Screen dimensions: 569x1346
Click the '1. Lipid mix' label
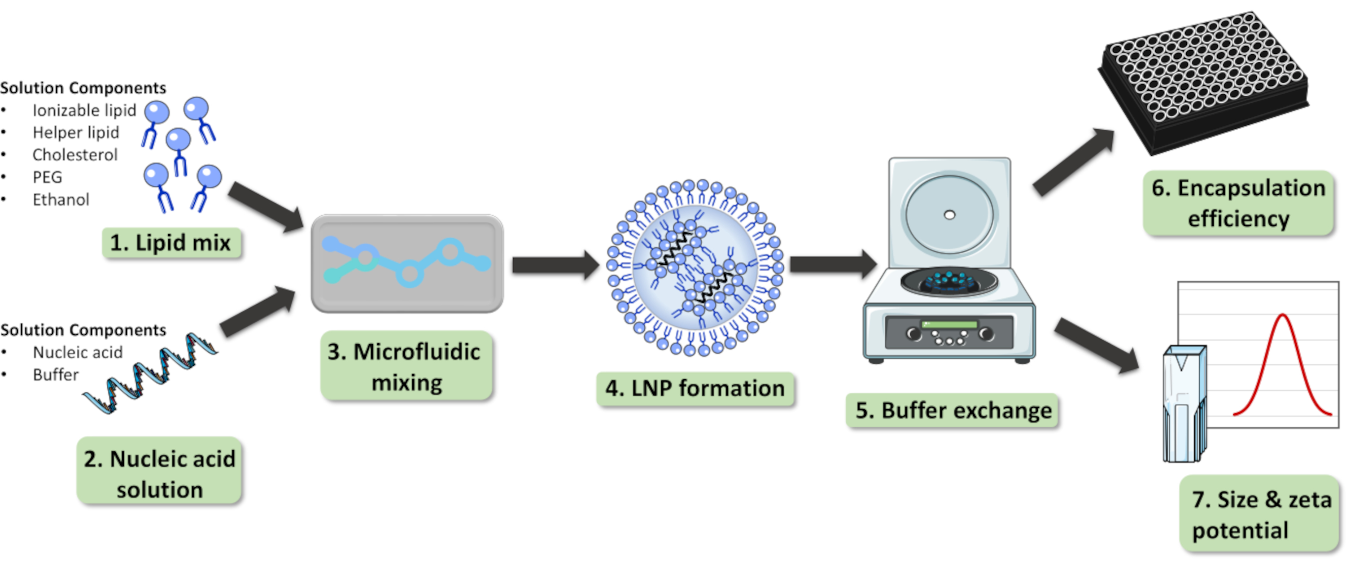171,243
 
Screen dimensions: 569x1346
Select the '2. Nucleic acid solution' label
159,473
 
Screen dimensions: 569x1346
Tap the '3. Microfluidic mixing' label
406,367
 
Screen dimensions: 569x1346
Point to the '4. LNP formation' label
695,388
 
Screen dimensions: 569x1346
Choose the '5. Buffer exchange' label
953,411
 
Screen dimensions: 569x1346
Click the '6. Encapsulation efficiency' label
1238,203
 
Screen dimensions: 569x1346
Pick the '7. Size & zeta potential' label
1261,515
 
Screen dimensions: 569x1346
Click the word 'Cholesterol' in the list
75,155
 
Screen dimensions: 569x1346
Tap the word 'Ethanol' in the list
61,200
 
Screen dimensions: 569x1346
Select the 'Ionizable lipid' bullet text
84,111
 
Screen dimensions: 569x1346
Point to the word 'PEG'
47,178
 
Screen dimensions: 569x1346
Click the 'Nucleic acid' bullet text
77,353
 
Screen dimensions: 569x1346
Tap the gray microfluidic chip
407,264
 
